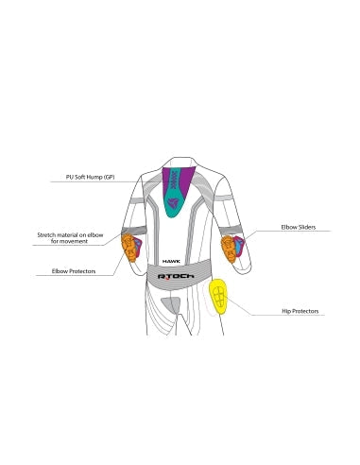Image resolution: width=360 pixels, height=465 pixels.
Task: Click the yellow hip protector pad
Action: pyautogui.click(x=218, y=297)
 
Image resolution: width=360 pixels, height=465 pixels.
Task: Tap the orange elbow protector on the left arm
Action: pyautogui.click(x=129, y=248)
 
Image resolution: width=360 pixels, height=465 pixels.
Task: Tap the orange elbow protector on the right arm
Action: pyautogui.click(x=229, y=250)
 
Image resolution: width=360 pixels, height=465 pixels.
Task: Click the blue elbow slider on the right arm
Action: pyautogui.click(x=239, y=246)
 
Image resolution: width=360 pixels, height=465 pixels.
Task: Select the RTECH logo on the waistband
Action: pyautogui.click(x=176, y=276)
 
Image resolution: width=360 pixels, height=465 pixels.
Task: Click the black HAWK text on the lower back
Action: pyautogui.click(x=171, y=261)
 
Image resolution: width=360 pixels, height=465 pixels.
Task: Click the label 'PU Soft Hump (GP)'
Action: pyautogui.click(x=90, y=177)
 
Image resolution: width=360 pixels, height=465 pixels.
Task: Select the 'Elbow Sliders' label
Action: pyautogui.click(x=299, y=227)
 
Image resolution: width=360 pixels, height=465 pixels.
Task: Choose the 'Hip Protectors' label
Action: pyautogui.click(x=300, y=311)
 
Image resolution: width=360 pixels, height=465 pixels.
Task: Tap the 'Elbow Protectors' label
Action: pyautogui.click(x=74, y=271)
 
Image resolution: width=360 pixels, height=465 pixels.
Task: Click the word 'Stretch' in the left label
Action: pyautogui.click(x=46, y=235)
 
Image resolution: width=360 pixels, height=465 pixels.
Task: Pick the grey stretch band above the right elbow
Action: pyautogui.click(x=231, y=231)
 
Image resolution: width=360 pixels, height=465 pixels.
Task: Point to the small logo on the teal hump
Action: pyautogui.click(x=174, y=203)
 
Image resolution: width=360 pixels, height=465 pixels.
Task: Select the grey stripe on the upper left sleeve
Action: pyautogui.click(x=137, y=200)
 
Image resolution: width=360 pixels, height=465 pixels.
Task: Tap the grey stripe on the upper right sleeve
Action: pyautogui.click(x=224, y=198)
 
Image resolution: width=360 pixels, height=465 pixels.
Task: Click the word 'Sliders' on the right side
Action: pyautogui.click(x=307, y=227)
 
